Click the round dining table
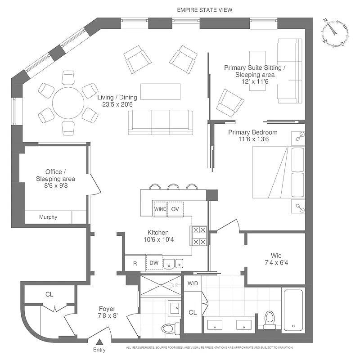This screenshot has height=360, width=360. tap(68, 103)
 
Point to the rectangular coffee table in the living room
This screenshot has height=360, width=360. tap(160, 92)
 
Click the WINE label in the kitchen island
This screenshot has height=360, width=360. tap(160, 209)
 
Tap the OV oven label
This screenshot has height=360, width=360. tap(175, 209)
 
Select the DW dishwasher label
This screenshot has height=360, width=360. tap(153, 263)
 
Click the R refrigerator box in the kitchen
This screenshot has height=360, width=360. tap(135, 263)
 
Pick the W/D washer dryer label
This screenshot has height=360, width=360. tap(193, 284)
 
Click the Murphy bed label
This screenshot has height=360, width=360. tap(48, 217)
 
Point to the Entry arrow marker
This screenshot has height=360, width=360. tap(99, 342)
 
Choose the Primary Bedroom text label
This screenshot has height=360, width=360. tap(252, 132)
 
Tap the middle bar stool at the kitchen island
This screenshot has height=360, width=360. tap(173, 187)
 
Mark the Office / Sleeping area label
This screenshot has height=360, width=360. tap(55, 175)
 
